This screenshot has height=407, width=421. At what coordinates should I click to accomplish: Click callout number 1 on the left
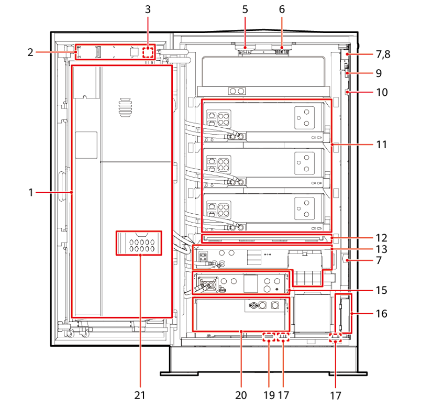[31, 192]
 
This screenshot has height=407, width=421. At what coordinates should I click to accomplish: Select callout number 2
[30, 52]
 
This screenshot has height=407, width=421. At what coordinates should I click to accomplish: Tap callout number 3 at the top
[148, 9]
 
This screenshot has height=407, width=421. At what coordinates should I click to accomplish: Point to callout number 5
[245, 9]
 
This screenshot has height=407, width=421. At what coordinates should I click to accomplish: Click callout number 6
[282, 9]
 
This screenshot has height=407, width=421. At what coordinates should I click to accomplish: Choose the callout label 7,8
[383, 54]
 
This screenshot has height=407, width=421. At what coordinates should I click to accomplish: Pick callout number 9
[379, 73]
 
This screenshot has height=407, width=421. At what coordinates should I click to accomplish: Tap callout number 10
[382, 92]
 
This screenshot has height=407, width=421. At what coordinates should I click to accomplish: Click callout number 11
[382, 145]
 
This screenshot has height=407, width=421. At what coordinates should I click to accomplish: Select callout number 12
[382, 238]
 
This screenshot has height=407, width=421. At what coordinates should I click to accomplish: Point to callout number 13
[382, 249]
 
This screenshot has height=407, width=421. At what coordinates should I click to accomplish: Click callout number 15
[382, 290]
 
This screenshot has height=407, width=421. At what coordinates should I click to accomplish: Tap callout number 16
[382, 314]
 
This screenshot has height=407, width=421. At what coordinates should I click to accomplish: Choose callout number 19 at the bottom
[269, 395]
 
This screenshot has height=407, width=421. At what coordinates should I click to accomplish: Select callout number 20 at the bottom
[241, 395]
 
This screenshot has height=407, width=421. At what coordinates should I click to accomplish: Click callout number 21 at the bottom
[140, 395]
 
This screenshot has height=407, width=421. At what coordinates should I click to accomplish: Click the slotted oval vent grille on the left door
[125, 107]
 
